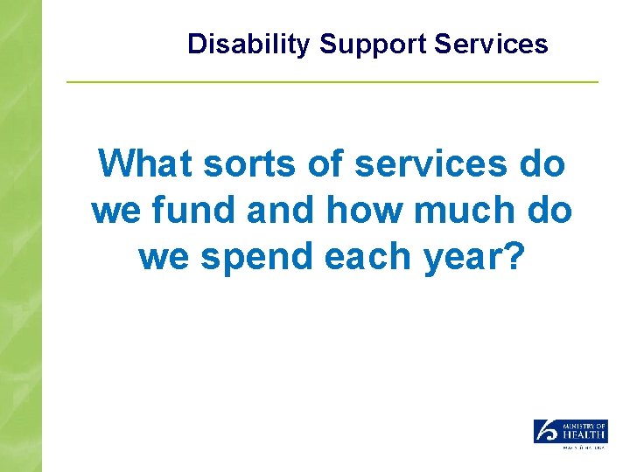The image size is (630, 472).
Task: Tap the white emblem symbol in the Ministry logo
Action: (x=545, y=431)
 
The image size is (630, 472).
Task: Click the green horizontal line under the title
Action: (x=332, y=82)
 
